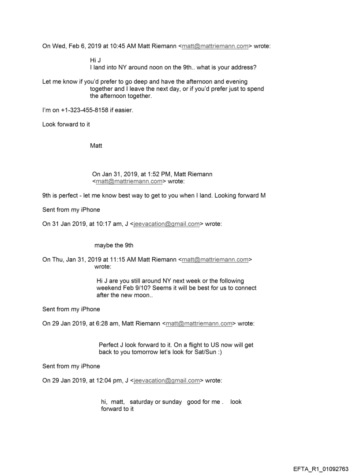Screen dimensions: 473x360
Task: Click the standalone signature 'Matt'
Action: [96, 145]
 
